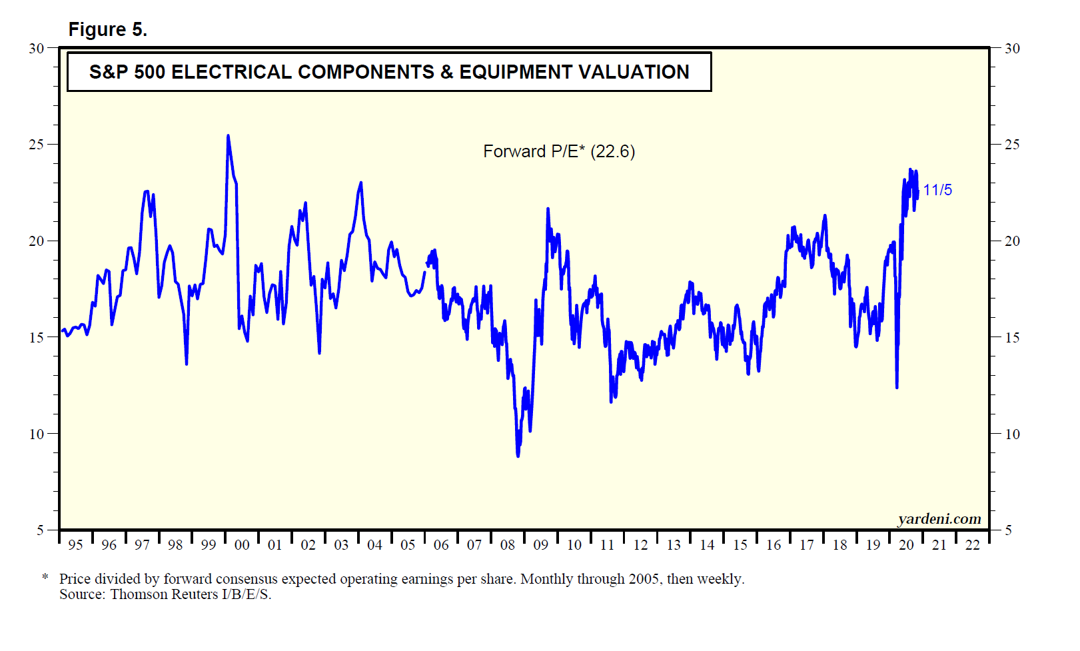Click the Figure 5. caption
(107, 30)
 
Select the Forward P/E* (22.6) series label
(558, 152)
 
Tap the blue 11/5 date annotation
(937, 191)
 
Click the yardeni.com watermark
(939, 519)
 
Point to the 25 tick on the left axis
(37, 145)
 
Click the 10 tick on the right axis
(1012, 434)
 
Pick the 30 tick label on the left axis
(37, 49)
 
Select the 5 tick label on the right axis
(1008, 530)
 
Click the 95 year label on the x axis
(75, 545)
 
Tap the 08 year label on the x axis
(508, 545)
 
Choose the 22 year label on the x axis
(973, 545)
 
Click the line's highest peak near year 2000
(228, 136)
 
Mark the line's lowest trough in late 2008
(518, 456)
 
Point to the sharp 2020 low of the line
(897, 387)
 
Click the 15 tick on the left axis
(37, 338)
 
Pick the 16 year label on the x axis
(773, 545)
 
